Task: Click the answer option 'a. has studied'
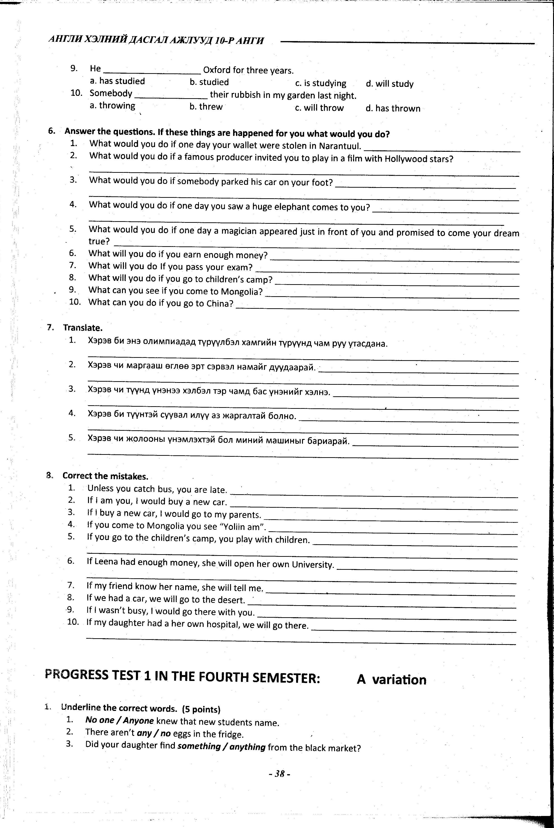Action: click(x=117, y=81)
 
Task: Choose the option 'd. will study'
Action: click(x=390, y=84)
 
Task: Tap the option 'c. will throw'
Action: click(x=319, y=108)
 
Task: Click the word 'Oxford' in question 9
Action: click(x=217, y=70)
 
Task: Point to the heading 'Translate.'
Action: click(x=83, y=328)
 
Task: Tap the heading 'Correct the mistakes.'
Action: click(x=105, y=476)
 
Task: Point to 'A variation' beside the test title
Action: click(x=391, y=680)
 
